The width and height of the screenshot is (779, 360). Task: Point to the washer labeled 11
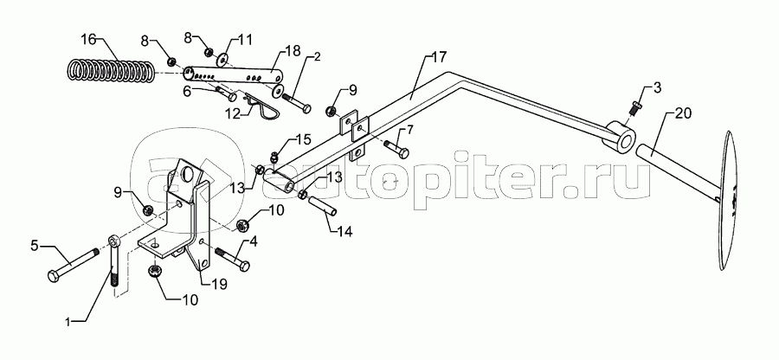tap(224, 59)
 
